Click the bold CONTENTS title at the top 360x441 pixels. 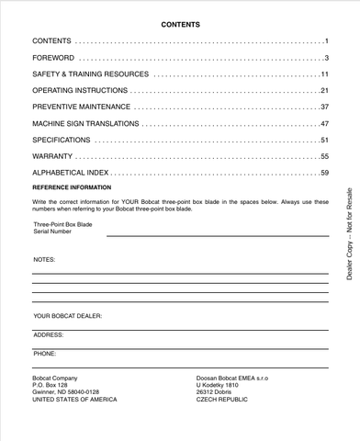[x=180, y=25]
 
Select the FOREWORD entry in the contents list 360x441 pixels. [x=52, y=58]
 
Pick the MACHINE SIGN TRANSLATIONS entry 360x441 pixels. [x=85, y=123]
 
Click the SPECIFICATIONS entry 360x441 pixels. [x=62, y=140]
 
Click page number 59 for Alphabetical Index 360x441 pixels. [x=324, y=173]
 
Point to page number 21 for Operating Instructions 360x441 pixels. [x=324, y=91]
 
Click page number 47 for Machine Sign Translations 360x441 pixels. [x=324, y=123]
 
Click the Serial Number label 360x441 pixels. [x=52, y=232]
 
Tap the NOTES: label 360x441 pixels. [x=44, y=260]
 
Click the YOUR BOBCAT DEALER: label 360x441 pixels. [x=67, y=315]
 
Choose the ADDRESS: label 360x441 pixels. [x=49, y=335]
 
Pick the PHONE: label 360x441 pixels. [x=45, y=352]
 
